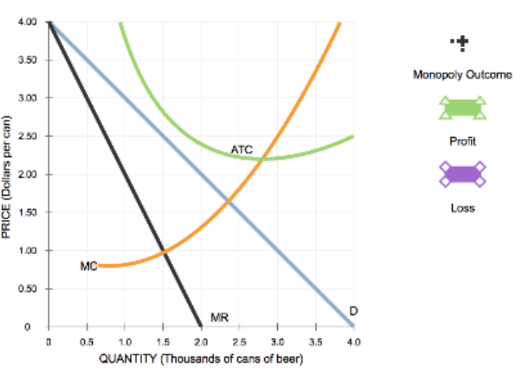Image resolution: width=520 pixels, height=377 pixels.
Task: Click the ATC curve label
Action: (x=241, y=149)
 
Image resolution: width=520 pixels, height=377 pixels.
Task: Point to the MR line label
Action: (x=220, y=316)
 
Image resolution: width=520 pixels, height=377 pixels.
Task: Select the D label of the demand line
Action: (x=353, y=311)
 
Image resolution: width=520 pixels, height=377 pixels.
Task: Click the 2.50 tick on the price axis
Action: (x=29, y=136)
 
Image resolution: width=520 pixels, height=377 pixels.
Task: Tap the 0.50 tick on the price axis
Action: (x=29, y=288)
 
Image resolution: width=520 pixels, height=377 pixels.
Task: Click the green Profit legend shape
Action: (x=462, y=109)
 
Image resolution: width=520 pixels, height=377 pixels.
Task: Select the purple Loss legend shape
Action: (x=462, y=174)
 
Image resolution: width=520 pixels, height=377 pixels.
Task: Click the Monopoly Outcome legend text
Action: (x=462, y=75)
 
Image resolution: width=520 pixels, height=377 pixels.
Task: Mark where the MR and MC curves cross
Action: (x=164, y=252)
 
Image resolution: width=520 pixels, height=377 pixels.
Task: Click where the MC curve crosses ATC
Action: (x=264, y=159)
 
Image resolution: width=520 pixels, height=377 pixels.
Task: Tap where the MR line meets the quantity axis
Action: (x=201, y=326)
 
